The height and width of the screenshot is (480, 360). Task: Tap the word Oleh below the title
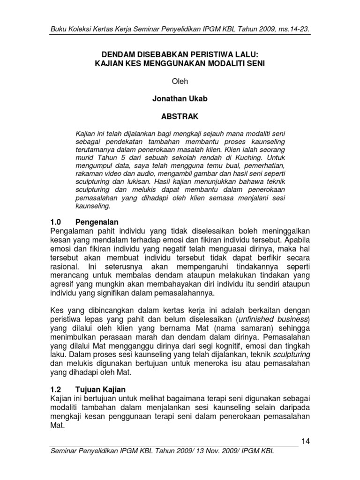pyautogui.click(x=180, y=81)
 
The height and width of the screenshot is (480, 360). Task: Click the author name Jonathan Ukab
pyautogui.click(x=180, y=99)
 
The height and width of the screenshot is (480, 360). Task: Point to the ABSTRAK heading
pyautogui.click(x=180, y=117)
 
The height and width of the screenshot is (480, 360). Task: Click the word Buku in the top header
pyautogui.click(x=59, y=30)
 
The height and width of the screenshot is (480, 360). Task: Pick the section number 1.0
pyautogui.click(x=56, y=222)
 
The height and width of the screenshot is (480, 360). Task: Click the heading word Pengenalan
pyautogui.click(x=97, y=222)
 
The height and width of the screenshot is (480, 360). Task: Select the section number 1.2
pyautogui.click(x=56, y=390)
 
